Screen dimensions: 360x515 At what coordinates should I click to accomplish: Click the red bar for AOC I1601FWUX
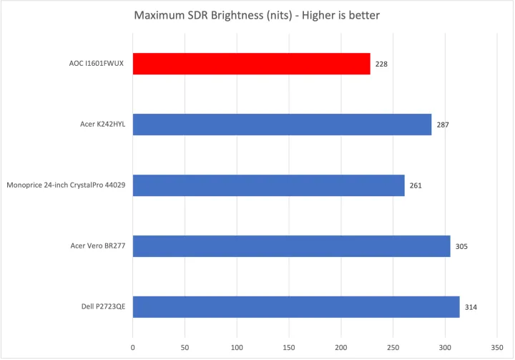[x=251, y=64]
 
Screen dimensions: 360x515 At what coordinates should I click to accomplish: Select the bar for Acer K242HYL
[x=282, y=125]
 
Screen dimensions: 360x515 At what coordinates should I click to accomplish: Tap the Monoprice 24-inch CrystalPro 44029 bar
[x=268, y=185]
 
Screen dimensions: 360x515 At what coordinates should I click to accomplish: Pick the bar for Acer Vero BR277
[x=291, y=246]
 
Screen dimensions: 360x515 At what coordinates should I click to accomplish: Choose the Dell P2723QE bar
[x=296, y=307]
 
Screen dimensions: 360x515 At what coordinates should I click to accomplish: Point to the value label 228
[x=381, y=64]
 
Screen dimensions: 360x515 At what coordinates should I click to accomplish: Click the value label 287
[x=443, y=125]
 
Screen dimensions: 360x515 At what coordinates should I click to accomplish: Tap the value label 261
[x=416, y=186]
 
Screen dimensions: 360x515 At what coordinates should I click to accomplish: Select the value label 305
[x=461, y=247]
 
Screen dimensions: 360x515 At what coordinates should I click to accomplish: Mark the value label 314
[x=470, y=308]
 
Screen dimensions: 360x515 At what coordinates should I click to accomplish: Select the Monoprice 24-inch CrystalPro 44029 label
[x=66, y=185]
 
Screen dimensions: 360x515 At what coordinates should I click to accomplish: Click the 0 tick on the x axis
[x=133, y=347]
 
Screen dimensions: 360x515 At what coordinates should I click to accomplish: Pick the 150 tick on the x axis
[x=289, y=347]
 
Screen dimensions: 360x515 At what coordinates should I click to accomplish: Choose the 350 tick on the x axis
[x=496, y=347]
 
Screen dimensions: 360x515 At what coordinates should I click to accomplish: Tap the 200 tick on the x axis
[x=340, y=347]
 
